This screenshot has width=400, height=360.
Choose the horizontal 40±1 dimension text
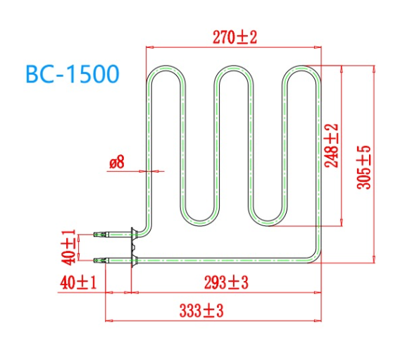click(x=77, y=283)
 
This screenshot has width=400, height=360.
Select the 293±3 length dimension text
click(x=225, y=283)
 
